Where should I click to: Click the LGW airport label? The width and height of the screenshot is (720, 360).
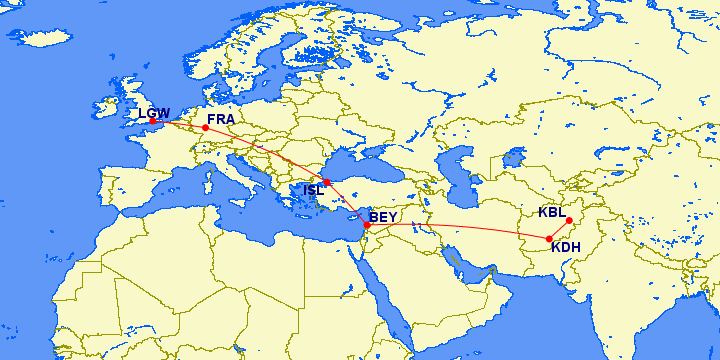pyautogui.click(x=154, y=113)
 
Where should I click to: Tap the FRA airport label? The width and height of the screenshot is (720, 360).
pyautogui.click(x=220, y=119)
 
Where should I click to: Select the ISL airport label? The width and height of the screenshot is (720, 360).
pyautogui.click(x=313, y=189)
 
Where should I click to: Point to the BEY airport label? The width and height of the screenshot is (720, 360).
pyautogui.click(x=384, y=217)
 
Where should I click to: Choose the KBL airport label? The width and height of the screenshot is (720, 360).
pyautogui.click(x=551, y=212)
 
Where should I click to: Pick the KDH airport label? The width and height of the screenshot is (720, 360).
pyautogui.click(x=566, y=247)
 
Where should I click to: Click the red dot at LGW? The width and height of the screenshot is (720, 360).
pyautogui.click(x=153, y=122)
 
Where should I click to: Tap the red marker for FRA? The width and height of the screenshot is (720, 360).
pyautogui.click(x=205, y=128)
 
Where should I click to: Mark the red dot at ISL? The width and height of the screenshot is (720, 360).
pyautogui.click(x=326, y=182)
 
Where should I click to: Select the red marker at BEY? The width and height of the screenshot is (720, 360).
pyautogui.click(x=367, y=225)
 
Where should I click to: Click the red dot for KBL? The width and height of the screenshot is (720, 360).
pyautogui.click(x=568, y=221)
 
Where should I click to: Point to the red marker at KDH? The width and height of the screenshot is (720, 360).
pyautogui.click(x=549, y=238)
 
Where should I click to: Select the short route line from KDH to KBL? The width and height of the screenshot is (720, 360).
pyautogui.click(x=559, y=230)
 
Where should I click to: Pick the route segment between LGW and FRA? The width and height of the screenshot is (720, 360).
pyautogui.click(x=179, y=124)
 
